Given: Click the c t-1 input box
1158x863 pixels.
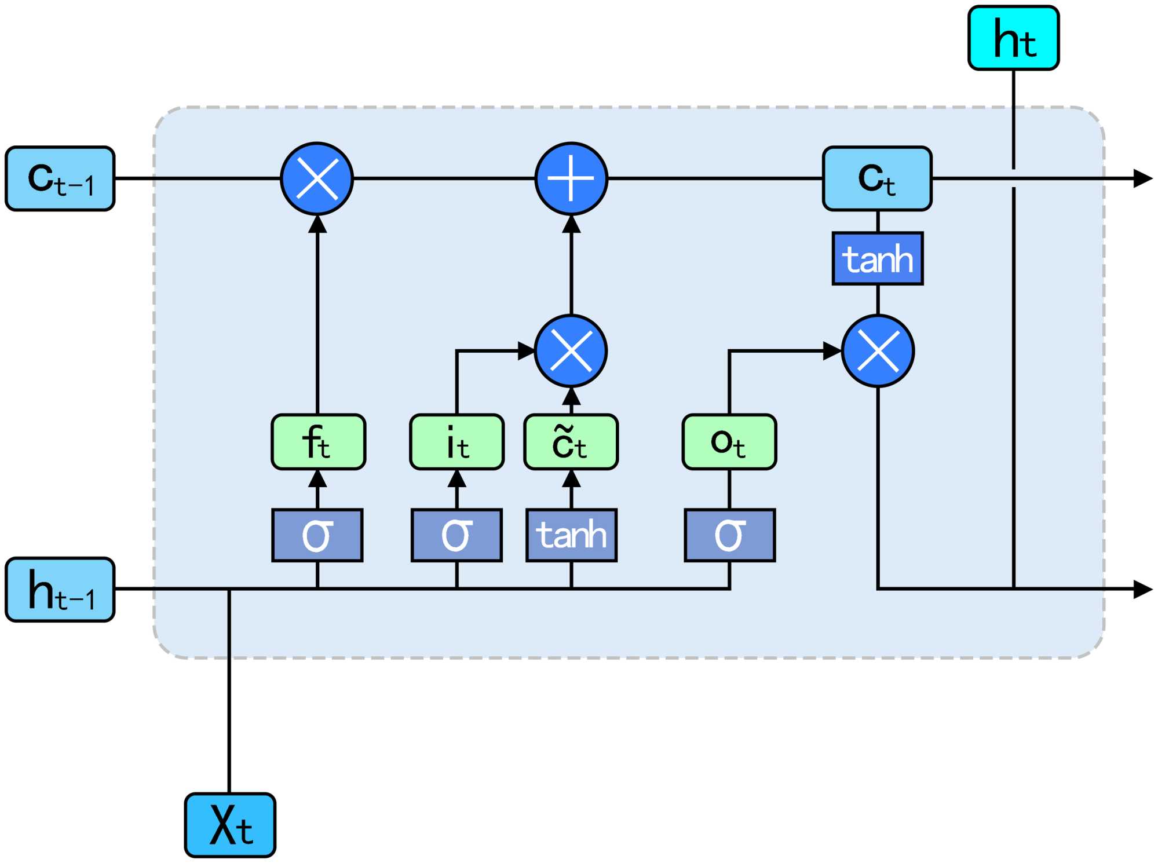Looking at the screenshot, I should [60, 178].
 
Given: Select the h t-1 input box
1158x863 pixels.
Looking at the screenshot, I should [60, 590].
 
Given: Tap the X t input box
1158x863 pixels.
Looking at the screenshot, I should [230, 825].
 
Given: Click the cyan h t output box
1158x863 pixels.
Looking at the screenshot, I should [1013, 38].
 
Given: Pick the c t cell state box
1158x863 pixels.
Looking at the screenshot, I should [877, 178].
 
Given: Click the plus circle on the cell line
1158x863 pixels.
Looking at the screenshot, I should [571, 178].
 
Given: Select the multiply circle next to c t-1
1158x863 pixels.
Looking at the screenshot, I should [317, 178].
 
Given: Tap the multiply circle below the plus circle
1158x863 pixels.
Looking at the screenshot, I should [571, 351].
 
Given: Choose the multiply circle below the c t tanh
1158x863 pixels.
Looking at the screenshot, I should [878, 351].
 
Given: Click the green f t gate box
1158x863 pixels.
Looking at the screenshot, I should [318, 442].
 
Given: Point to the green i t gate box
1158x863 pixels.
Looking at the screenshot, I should [456, 442].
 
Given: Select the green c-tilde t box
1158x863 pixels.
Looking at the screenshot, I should [571, 442].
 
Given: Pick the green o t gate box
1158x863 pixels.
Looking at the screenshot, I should [729, 442].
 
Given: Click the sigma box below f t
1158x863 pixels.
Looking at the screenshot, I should [317, 535].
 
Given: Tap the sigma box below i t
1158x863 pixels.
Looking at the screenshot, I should [456, 535].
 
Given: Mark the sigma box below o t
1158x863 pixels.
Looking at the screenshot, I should [729, 535].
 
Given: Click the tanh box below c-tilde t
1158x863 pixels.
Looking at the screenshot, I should [571, 535].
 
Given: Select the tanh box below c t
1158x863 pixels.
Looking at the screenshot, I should [878, 258].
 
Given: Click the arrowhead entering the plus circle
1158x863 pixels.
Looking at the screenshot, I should [571, 224].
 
